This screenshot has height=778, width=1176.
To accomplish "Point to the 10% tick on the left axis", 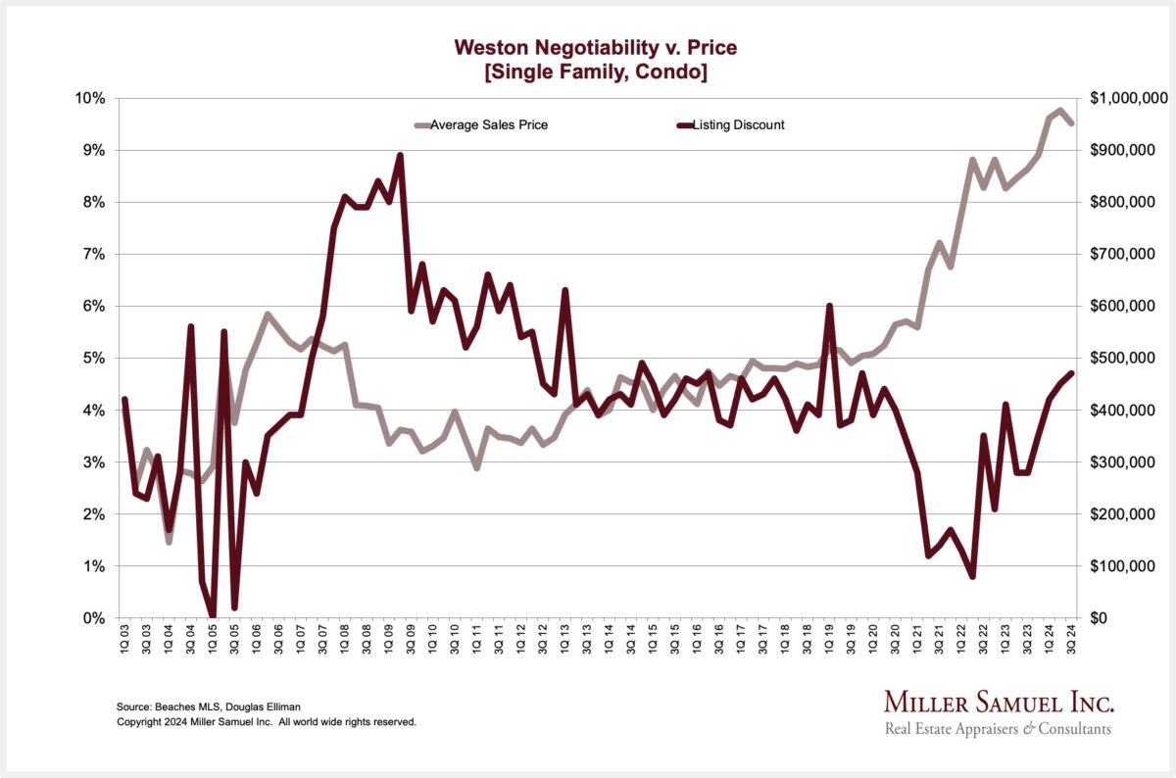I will [90, 98].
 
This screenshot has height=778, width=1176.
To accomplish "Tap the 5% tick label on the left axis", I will [94, 358].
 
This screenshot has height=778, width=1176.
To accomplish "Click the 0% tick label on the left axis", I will [94, 618].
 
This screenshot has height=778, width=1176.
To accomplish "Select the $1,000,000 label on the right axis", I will [1128, 98].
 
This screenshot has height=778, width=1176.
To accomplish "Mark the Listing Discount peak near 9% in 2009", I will [400, 155].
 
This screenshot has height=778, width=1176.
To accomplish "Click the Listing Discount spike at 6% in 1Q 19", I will [829, 306].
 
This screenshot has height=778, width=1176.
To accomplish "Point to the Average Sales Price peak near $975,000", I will [1059, 111].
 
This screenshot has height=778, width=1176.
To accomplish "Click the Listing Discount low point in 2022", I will [971, 576].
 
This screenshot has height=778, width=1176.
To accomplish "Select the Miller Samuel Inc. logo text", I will [999, 703].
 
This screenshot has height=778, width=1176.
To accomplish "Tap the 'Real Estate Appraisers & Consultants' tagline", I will [998, 729].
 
